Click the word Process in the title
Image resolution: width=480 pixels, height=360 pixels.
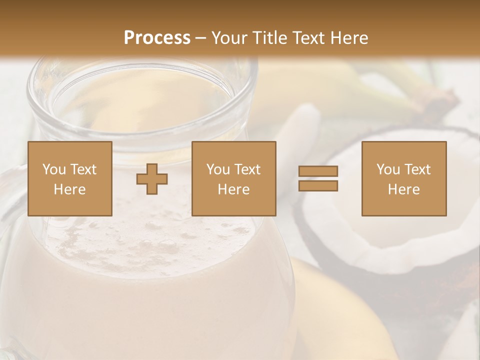click(157, 38)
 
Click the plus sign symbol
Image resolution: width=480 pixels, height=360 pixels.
click(152, 179)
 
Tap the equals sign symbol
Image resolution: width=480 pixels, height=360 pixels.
click(318, 178)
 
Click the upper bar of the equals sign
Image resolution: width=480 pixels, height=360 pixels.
click(318, 171)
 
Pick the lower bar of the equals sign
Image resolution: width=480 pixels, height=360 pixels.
click(318, 185)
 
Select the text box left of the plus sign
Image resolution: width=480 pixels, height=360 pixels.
click(70, 178)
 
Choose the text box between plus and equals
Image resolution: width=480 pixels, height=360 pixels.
click(234, 178)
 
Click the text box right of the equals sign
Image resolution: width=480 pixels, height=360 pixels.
click(404, 178)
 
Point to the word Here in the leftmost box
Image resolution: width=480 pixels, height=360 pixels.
click(70, 189)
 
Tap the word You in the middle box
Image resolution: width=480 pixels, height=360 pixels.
click(218, 169)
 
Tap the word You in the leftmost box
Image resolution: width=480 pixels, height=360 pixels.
click(54, 169)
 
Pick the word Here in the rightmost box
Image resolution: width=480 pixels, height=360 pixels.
click(404, 189)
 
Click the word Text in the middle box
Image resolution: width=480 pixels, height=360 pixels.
click(247, 169)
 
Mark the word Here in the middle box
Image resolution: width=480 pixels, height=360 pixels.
click(234, 189)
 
